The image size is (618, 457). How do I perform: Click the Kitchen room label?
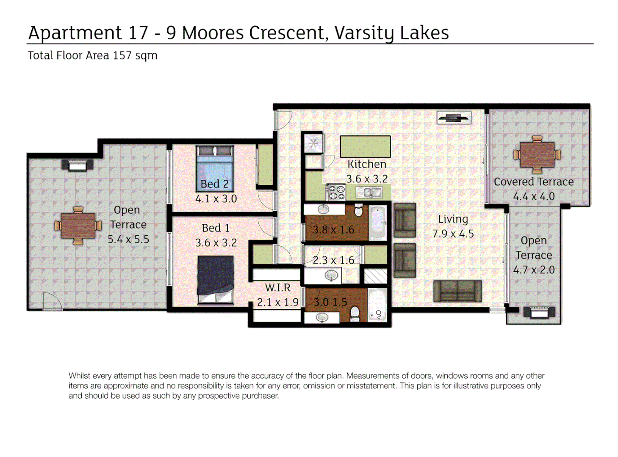coord(366,164)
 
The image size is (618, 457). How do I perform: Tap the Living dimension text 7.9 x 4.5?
coord(453,234)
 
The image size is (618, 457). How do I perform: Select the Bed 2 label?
coord(214,184)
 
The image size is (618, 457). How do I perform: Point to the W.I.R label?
coord(278,288)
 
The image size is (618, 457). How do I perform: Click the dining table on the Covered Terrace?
coord(537,155)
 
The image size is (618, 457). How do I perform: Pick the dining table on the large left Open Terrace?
coord(78,226)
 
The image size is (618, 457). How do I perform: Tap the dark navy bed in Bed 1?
coord(216,279)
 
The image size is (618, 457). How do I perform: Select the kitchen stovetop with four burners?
coord(336,192)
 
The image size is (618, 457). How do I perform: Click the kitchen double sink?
coord(369,193)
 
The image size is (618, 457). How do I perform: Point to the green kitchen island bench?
coord(365,146)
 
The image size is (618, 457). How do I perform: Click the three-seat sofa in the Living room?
coord(457,291)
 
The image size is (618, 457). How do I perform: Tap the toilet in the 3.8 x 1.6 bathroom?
coord(358,211)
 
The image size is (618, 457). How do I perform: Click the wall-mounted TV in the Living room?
coord(454,118)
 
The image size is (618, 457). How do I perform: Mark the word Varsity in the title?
coord(364,33)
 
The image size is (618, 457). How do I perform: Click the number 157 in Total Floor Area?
coord(122,55)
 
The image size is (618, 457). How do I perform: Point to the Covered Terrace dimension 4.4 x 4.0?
coord(534,196)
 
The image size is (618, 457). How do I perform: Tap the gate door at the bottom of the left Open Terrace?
coord(52,302)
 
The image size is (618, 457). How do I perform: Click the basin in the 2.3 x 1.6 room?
coord(331,276)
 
